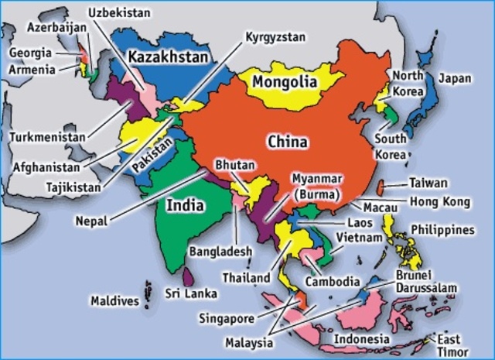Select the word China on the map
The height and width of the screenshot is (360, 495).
click(287, 142)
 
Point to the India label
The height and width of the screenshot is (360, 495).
click(186, 205)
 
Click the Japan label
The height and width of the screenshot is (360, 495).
click(455, 78)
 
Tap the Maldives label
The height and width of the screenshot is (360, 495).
click(114, 300)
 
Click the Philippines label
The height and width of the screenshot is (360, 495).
click(452, 230)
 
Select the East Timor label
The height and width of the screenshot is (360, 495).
click(449, 345)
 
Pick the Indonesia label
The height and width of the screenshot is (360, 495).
click(361, 339)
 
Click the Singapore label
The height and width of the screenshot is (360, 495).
click(227, 317)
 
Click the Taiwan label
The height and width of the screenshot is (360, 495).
click(428, 183)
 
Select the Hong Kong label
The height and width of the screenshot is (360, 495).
click(439, 201)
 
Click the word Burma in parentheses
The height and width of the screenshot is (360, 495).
click(315, 191)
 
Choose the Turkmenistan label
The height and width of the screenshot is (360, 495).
click(47, 137)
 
